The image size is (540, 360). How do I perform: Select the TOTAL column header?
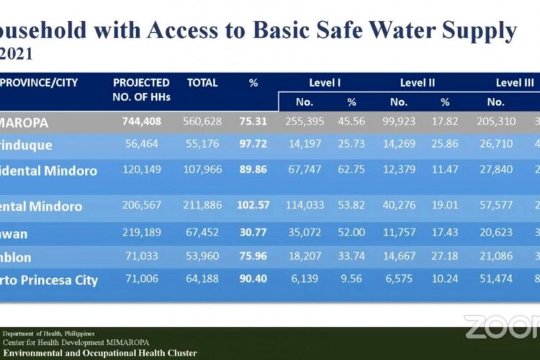(x=202, y=83)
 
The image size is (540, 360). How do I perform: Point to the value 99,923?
(x=398, y=122)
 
